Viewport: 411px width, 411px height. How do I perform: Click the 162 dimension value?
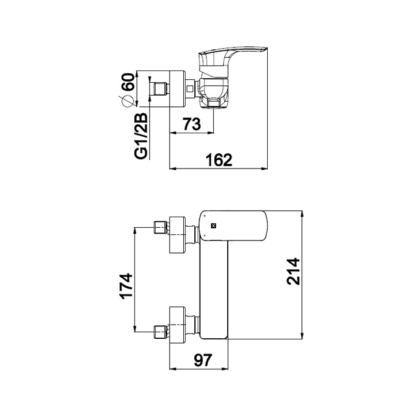pyautogui.click(x=219, y=159)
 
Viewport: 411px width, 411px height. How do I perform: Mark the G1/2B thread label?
pyautogui.click(x=141, y=136)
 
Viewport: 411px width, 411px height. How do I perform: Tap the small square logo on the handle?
pyautogui.click(x=214, y=224)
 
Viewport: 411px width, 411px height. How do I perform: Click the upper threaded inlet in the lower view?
pyautogui.click(x=159, y=227)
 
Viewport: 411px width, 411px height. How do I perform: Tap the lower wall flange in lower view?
pyautogui.click(x=177, y=324)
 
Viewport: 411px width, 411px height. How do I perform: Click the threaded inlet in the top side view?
pyautogui.click(x=159, y=90)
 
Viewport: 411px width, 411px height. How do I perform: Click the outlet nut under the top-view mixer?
pyautogui.click(x=216, y=105)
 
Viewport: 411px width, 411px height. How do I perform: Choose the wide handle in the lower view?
pyautogui.click(x=235, y=225)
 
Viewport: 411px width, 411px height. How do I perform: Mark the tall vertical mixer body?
pyautogui.click(x=214, y=291)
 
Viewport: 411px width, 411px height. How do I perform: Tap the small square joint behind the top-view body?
pyautogui.click(x=190, y=90)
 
